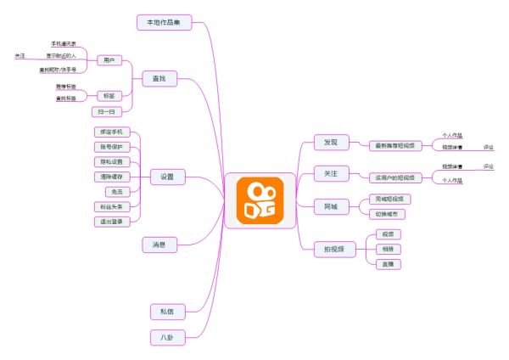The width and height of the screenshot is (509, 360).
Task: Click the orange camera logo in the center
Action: [260, 201]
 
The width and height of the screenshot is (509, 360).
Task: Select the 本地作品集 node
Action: [164, 22]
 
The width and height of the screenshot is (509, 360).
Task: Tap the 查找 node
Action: [159, 79]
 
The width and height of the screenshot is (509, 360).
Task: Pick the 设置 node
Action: [166, 177]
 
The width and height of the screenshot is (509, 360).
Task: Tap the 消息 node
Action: [159, 245]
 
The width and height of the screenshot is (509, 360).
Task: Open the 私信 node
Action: [166, 312]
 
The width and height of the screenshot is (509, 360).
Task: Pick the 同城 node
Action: [330, 206]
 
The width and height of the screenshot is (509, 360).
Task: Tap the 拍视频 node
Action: [333, 249]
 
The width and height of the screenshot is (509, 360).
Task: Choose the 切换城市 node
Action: [391, 214]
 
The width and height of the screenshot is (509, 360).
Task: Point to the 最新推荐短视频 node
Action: [395, 145]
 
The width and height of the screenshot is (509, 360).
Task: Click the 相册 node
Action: [388, 249]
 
